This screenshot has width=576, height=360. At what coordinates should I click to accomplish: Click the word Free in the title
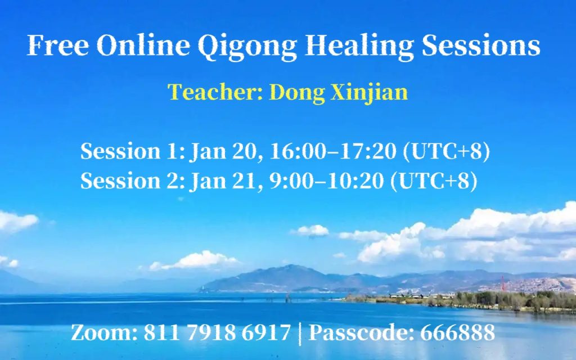point(58,45)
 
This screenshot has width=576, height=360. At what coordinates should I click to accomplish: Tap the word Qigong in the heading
point(247,47)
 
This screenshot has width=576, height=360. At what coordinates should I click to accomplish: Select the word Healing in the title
point(359,47)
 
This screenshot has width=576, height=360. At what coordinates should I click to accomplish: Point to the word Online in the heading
point(143,45)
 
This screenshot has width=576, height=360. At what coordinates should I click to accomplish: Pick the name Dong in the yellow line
point(297,93)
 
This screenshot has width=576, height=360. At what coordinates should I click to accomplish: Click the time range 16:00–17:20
point(333,151)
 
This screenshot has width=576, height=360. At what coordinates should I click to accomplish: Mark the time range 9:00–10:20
point(327,181)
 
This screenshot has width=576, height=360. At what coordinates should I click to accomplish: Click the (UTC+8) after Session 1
point(447,151)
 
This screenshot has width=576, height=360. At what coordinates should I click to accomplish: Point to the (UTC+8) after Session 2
point(434,181)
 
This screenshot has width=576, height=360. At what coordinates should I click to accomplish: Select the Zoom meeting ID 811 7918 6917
point(217,332)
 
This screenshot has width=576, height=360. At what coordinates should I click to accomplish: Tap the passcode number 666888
point(457,332)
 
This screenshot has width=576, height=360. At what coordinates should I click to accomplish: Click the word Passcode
point(362,332)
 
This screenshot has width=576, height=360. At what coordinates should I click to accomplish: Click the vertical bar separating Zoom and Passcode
point(300,334)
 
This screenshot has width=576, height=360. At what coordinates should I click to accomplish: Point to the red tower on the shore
point(502,283)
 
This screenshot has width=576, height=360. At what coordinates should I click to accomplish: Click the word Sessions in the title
point(481,45)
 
